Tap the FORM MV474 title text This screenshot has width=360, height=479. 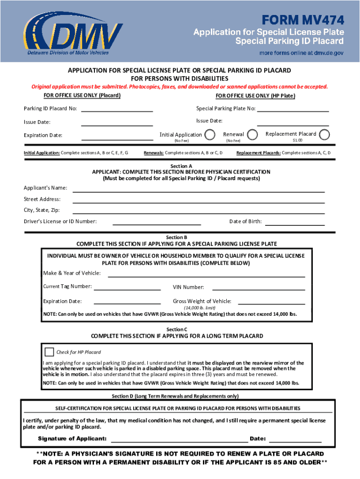pos(303,20)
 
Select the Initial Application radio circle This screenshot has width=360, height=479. pos(210,135)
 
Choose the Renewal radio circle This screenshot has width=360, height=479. pos(252,135)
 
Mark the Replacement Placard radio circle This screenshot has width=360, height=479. pos(324,134)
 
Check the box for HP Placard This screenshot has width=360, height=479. pos(49,352)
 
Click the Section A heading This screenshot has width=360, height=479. pos(181,166)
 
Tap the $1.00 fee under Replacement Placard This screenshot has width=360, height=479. pos(297,140)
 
